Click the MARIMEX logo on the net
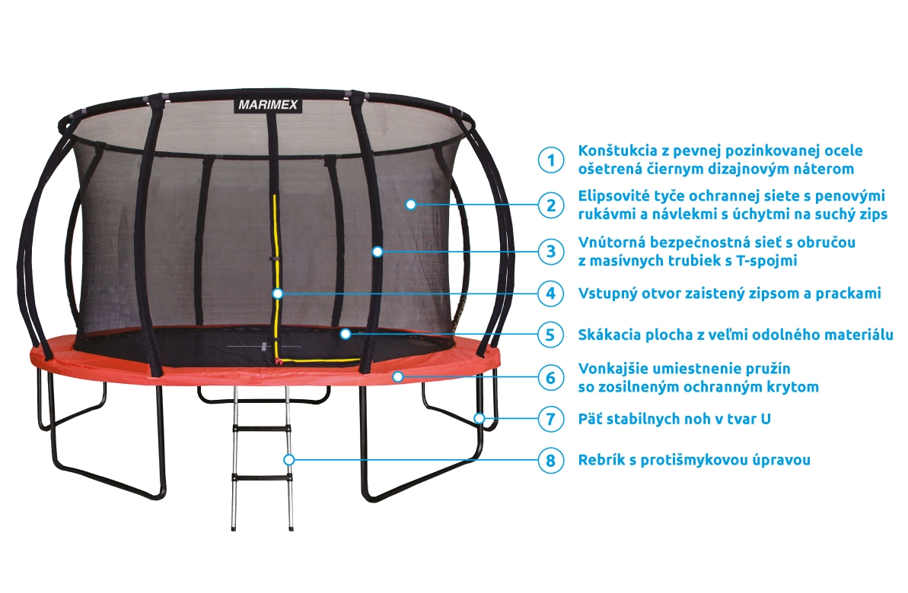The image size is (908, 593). pyautogui.click(x=268, y=105)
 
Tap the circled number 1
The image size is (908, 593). pyautogui.click(x=551, y=160)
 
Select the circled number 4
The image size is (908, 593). pyautogui.click(x=551, y=294)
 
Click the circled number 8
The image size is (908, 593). pyautogui.click(x=551, y=461)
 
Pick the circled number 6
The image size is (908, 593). pyautogui.click(x=551, y=378)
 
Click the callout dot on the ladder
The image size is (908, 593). pyautogui.click(x=289, y=460)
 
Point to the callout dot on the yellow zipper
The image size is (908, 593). pyautogui.click(x=278, y=294)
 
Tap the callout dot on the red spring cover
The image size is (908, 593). pyautogui.click(x=398, y=377)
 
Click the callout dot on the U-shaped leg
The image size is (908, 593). pyautogui.click(x=479, y=418)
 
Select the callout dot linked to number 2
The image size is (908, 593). pyautogui.click(x=410, y=205)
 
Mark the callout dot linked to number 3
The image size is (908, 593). pyautogui.click(x=378, y=252)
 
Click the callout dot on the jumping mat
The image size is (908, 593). pyautogui.click(x=346, y=334)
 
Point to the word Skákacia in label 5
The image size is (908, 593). pyautogui.click(x=605, y=335)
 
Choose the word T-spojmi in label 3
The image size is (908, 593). pyautogui.click(x=766, y=261)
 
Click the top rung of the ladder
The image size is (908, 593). pyautogui.click(x=262, y=429)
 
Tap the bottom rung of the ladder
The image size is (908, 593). pyautogui.click(x=262, y=478)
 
